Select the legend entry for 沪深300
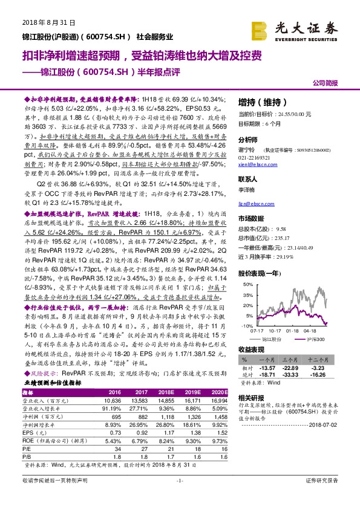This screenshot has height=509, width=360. click(318, 340)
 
